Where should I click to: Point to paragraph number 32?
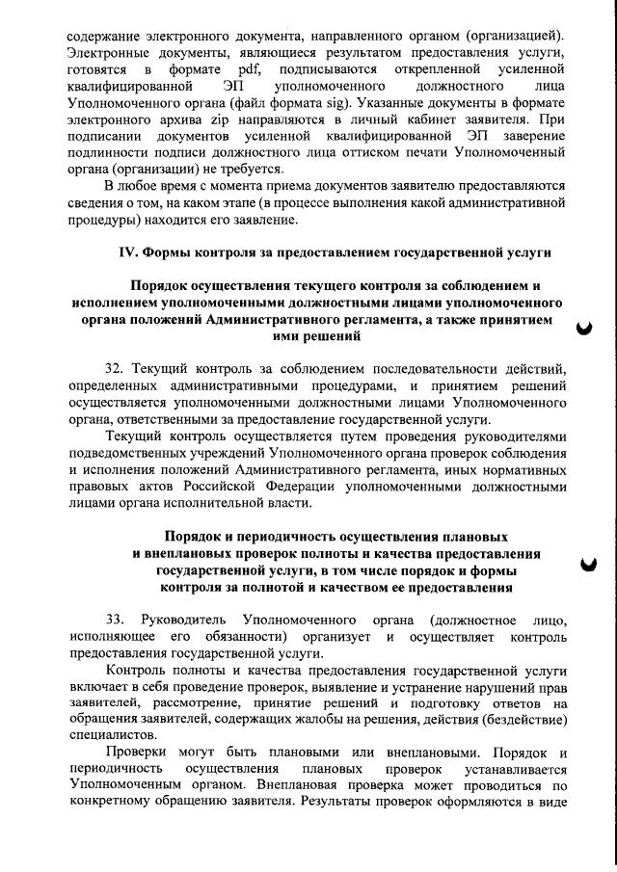pos(114,370)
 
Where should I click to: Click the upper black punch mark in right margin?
pos(583,329)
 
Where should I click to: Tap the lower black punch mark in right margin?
pos(584,566)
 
